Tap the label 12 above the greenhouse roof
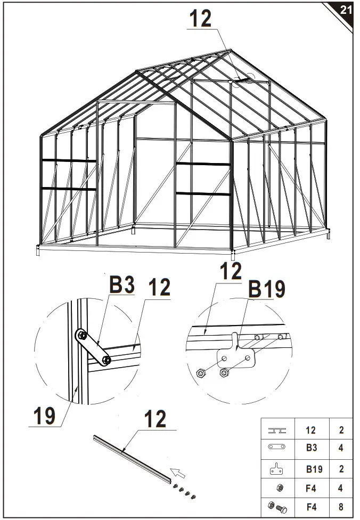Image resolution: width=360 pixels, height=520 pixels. [200, 19]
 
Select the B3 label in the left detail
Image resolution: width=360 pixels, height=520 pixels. [121, 284]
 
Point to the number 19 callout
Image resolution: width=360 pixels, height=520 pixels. [45, 416]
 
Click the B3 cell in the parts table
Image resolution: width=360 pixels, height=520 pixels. [312, 448]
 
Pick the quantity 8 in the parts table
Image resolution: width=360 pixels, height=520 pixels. [341, 507]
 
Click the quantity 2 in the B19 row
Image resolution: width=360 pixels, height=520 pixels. [341, 469]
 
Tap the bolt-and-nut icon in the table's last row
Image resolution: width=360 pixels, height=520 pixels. [279, 507]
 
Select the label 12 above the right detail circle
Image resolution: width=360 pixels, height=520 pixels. [230, 272]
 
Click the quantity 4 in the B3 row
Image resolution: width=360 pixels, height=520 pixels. [341, 448]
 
